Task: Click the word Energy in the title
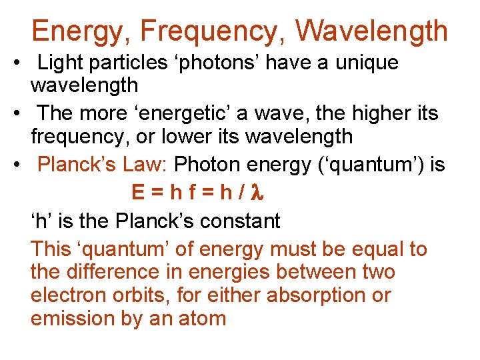[x=72, y=31]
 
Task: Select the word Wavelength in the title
[x=372, y=31]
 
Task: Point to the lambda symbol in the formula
[x=261, y=193]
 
